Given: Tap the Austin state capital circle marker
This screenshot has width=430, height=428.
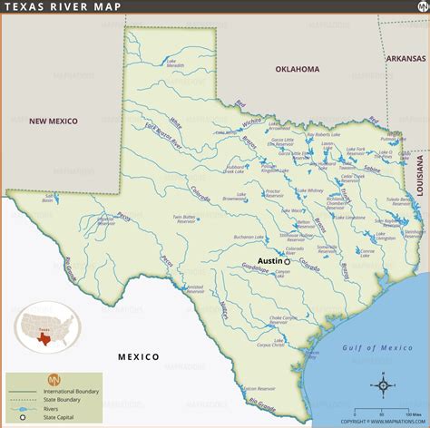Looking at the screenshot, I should tap(287, 261).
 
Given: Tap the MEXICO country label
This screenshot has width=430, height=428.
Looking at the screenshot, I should tap(138, 356).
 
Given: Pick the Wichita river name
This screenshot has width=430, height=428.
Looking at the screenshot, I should tap(251, 122).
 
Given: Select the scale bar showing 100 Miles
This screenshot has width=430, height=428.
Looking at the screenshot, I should tap(395, 409).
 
